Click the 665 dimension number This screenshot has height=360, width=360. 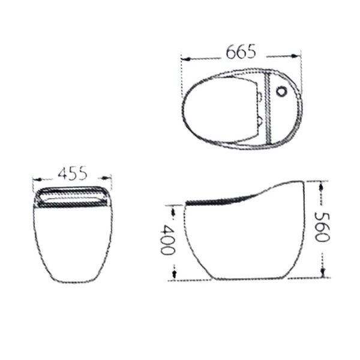tap(241, 52)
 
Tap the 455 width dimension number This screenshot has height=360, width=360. tap(73, 173)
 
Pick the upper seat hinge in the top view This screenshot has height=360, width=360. tap(259, 96)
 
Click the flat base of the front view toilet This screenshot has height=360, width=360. tap(73, 282)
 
